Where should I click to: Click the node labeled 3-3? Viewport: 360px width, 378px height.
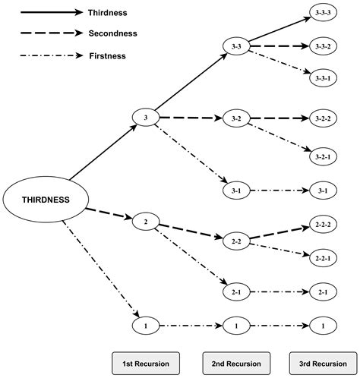point(235,47)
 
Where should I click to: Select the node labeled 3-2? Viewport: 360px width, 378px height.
point(235,119)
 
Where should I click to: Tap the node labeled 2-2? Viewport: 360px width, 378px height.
point(235,241)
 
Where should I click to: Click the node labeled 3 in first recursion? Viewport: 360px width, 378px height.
point(145,117)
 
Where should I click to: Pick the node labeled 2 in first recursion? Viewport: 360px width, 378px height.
point(145,222)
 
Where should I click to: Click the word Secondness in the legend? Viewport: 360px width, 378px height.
point(112,34)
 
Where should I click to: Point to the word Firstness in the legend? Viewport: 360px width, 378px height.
point(107,55)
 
